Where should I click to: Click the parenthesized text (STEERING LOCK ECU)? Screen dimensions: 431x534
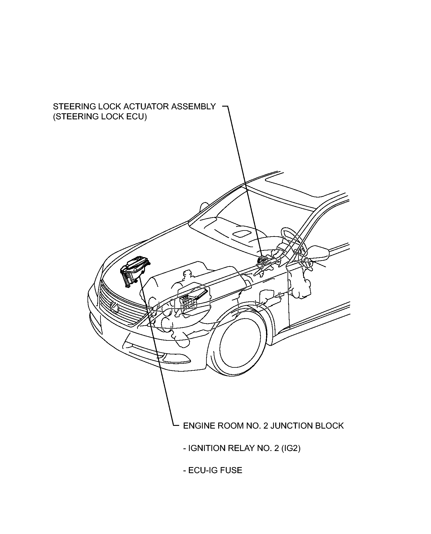coord(100,117)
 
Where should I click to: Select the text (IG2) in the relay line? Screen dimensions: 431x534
coord(291,448)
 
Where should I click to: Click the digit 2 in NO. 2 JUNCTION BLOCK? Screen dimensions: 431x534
coord(265,426)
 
